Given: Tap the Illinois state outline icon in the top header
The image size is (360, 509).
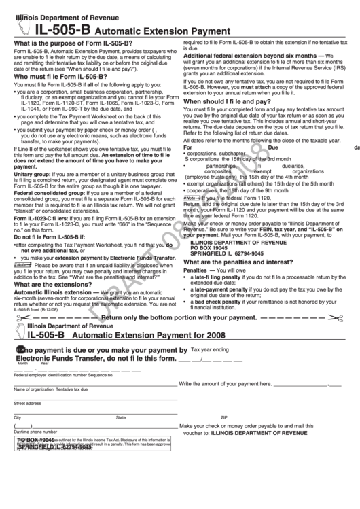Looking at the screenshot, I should tap(21, 28).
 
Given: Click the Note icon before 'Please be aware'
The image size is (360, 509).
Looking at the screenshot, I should tap(21, 266).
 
